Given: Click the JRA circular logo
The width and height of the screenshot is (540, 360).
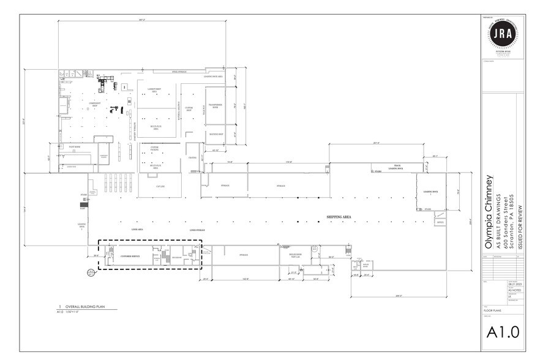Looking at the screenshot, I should pos(502,35).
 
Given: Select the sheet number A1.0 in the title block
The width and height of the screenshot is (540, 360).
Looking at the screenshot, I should pos(502,332).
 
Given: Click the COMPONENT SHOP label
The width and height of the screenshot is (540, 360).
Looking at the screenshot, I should pos(94,104).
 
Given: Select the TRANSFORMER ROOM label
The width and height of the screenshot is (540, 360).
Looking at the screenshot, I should pos(219,107).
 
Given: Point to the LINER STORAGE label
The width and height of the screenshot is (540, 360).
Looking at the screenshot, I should pos(197,230).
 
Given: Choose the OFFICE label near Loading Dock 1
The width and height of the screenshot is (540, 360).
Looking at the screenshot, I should pos(440,223).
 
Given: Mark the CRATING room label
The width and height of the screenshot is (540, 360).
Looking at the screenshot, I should pos(192,158).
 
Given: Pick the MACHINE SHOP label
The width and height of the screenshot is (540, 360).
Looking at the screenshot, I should pos(216,133).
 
